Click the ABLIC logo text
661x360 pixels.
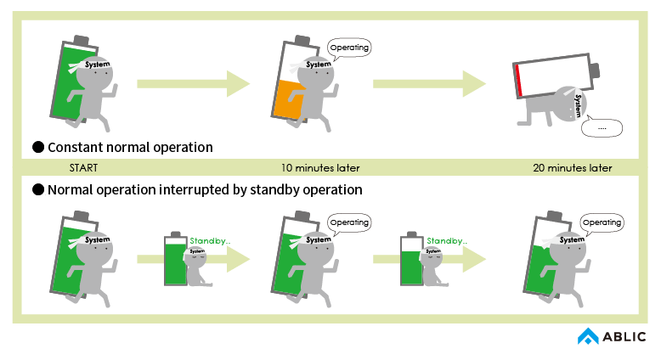tap(624, 337)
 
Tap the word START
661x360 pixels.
tap(85, 167)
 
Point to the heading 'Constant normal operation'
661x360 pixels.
tap(130, 147)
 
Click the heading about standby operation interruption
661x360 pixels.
tap(205, 189)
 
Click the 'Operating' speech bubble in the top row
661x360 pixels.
tap(348, 48)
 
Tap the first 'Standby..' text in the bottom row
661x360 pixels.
tap(210, 240)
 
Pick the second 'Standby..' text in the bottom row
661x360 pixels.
tap(446, 240)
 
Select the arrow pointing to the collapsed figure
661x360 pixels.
tap(429, 83)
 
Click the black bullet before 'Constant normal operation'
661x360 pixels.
tap(37, 147)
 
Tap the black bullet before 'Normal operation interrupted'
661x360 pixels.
tap(37, 189)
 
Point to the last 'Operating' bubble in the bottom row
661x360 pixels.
tap(602, 223)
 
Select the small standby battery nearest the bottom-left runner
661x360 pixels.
tap(176, 259)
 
